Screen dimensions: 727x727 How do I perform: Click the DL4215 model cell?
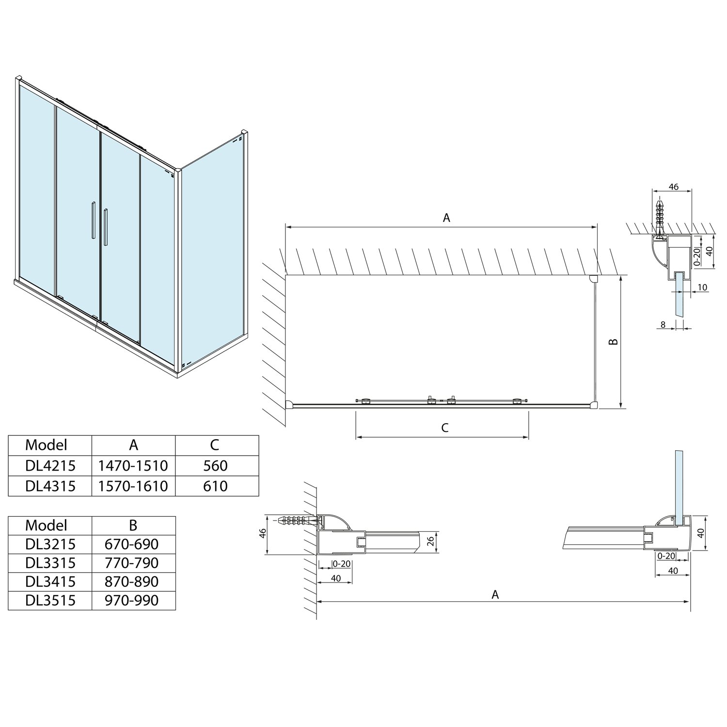50,466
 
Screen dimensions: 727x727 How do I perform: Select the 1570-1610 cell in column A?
133,486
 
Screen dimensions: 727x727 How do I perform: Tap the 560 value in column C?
216,466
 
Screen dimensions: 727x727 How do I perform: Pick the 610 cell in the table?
216,486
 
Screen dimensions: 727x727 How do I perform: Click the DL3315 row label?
50,563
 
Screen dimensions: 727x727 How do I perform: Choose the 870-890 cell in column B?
132,582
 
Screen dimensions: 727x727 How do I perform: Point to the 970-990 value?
132,601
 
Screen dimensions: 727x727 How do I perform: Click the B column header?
133,525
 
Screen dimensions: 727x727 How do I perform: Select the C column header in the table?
215,445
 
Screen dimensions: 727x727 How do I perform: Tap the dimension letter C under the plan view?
445,427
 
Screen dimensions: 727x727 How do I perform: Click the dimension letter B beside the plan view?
614,342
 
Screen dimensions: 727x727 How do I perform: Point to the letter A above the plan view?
446,218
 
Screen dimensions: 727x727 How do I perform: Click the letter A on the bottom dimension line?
495,594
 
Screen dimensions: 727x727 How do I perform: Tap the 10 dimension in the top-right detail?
702,287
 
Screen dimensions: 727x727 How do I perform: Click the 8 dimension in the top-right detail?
663,325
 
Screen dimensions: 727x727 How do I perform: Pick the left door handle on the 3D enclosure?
92,221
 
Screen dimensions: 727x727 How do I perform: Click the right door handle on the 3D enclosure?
105,227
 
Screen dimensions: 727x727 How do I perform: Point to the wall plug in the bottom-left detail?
297,521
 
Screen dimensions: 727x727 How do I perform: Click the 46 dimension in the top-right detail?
673,187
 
